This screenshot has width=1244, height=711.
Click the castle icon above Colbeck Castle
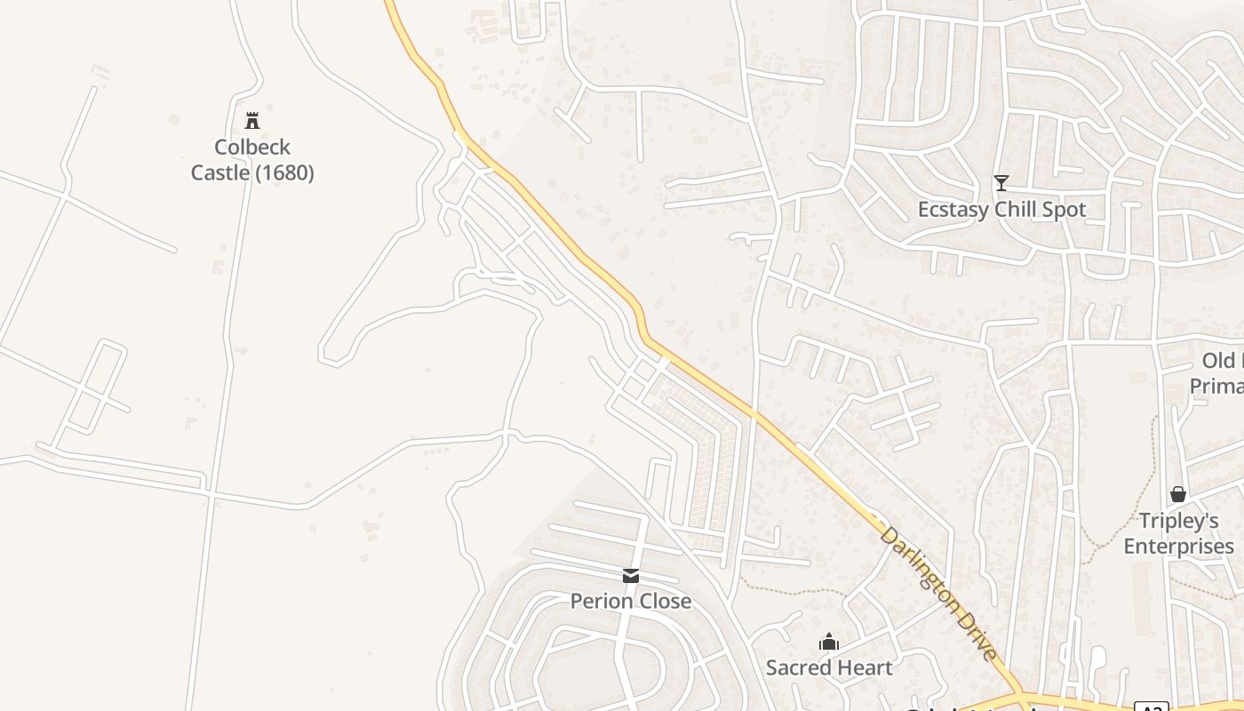click(x=252, y=120)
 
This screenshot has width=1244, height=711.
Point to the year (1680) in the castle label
click(x=284, y=172)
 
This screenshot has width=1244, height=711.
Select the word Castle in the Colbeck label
click(x=220, y=172)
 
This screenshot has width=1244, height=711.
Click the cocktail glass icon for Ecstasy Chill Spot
click(x=1001, y=183)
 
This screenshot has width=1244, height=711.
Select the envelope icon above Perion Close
click(x=631, y=576)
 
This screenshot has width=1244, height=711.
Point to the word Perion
click(x=601, y=602)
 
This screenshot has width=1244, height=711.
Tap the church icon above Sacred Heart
click(x=829, y=642)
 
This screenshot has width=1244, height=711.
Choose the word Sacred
click(x=797, y=667)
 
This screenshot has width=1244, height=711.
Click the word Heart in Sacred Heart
click(x=863, y=667)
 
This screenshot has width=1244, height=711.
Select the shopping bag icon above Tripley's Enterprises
click(x=1178, y=494)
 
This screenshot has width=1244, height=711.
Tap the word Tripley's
click(x=1178, y=521)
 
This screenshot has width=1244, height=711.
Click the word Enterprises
click(x=1178, y=546)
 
